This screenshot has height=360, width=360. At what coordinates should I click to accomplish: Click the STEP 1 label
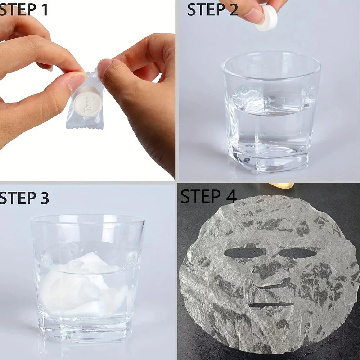point(24,10)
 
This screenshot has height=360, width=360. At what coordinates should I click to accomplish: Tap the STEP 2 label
point(213,10)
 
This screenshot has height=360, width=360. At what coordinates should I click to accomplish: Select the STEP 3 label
point(24,198)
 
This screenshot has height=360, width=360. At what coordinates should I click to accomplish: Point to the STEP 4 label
point(208,196)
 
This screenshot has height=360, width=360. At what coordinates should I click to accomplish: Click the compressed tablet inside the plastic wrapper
point(88,102)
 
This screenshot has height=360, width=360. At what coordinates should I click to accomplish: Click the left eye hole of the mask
point(244,253)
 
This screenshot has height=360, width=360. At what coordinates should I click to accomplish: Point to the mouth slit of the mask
point(271,305)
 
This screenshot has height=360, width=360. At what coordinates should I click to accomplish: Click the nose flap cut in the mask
point(271,283)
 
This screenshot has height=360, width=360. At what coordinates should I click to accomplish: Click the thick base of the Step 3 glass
point(85,329)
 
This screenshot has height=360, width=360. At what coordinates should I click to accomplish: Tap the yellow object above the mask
point(280,185)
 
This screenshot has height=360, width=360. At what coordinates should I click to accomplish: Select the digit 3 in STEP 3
point(44,198)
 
